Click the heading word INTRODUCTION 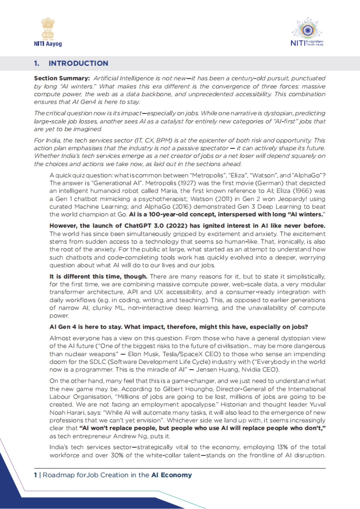78,63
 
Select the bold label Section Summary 62,79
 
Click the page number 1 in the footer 36,475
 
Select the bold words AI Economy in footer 172,475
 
